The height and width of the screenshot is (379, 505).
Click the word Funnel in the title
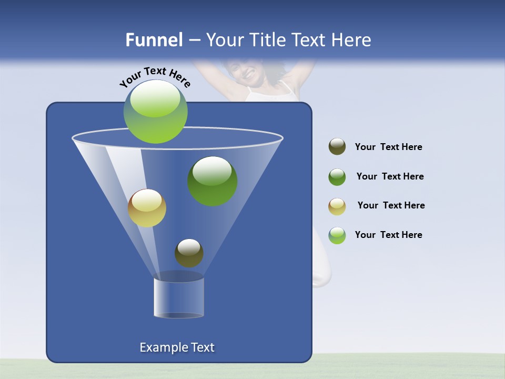[154, 40]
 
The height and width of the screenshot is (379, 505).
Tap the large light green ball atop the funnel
[156, 112]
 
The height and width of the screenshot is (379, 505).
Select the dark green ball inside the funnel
[213, 181]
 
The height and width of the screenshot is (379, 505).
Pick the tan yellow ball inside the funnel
[147, 208]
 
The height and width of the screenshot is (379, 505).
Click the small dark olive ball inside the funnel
[189, 253]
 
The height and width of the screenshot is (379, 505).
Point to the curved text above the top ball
[155, 76]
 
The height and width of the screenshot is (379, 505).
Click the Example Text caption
[177, 347]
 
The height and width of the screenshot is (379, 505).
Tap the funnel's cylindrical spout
[179, 297]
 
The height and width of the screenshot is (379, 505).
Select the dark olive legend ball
[337, 147]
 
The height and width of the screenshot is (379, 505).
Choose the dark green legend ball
[337, 177]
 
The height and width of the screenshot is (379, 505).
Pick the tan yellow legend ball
[337, 206]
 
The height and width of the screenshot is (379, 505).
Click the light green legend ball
[337, 235]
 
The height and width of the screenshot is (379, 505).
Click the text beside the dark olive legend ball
[388, 147]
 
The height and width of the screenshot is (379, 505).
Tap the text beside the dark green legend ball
[390, 177]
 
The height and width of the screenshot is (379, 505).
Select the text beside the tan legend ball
[391, 206]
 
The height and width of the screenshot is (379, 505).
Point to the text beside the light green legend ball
[388, 235]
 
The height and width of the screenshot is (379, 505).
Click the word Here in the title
[351, 40]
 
